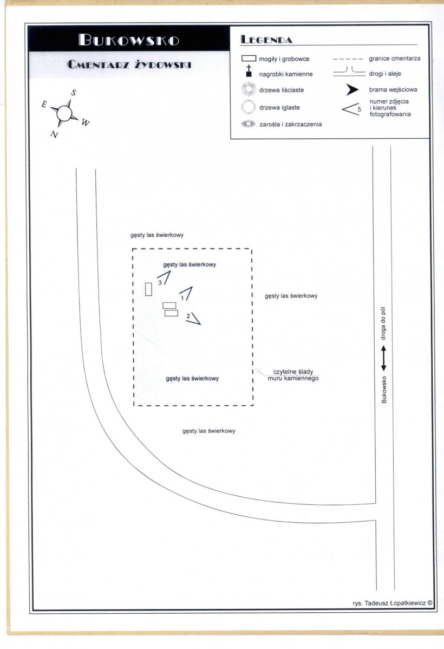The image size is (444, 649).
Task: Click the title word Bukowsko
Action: [x=129, y=40]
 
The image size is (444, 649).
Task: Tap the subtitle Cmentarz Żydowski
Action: [x=129, y=64]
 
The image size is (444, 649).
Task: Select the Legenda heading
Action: [x=266, y=40]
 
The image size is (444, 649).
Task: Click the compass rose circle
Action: [x=64, y=113]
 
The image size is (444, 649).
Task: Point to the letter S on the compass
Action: [x=74, y=93]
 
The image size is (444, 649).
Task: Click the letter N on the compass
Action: [x=54, y=134]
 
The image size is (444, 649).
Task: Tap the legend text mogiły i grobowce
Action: [x=284, y=59]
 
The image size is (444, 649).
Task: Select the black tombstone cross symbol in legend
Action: [x=249, y=71]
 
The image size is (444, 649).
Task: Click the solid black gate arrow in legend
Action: [x=352, y=90]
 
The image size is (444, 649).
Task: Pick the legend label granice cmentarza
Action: [x=395, y=59]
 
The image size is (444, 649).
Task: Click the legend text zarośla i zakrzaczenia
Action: [x=290, y=124]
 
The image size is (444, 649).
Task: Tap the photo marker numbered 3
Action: [x=165, y=277]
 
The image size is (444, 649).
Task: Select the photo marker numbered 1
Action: [x=187, y=293]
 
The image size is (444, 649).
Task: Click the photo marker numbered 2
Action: [x=194, y=319]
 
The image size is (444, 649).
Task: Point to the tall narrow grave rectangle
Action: [x=148, y=289]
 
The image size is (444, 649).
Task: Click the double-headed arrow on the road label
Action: [x=383, y=358]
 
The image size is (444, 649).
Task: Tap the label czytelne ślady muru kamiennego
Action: [x=293, y=375]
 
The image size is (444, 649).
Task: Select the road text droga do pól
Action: [x=383, y=323]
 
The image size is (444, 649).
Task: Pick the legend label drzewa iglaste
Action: [x=280, y=108]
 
